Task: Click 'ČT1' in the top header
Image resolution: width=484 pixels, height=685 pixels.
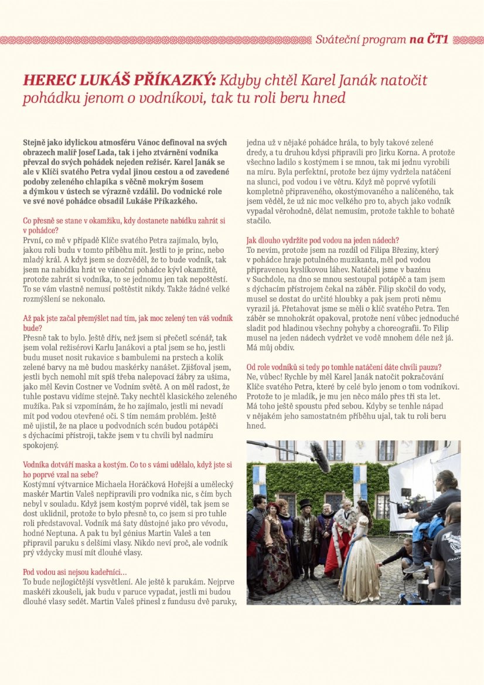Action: [x=437, y=40]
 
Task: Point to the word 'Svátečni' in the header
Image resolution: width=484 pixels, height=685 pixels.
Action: [x=339, y=40]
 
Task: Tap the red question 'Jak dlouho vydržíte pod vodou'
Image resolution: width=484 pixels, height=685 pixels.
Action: [x=322, y=240]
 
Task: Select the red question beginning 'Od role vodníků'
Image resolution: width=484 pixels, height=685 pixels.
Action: [x=344, y=367]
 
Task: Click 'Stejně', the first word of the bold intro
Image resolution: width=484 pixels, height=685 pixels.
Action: [x=35, y=143]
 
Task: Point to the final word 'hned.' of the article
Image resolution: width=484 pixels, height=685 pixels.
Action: [x=256, y=425]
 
